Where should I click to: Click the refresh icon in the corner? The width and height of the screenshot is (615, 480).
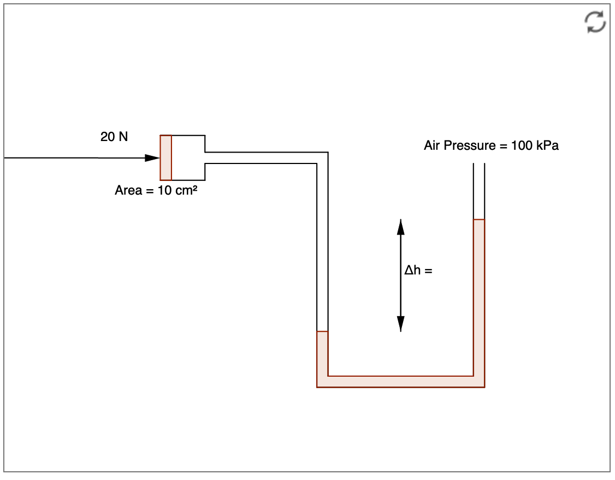tap(595, 22)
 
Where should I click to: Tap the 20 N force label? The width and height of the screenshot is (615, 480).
tap(114, 137)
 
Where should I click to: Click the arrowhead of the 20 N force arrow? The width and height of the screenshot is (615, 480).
tap(152, 158)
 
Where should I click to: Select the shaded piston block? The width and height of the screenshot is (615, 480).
tap(165, 157)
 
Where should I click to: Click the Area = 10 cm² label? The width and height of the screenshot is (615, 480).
tap(156, 190)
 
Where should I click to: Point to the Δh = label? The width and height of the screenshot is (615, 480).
tap(418, 270)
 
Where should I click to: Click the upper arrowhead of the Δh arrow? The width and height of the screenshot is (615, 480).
tap(400, 226)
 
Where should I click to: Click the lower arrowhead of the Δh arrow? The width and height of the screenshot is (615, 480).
tap(400, 324)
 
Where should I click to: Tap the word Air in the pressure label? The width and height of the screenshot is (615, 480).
tap(432, 146)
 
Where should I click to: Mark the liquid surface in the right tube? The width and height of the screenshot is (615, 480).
tap(479, 220)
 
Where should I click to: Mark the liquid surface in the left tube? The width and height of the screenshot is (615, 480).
tap(322, 332)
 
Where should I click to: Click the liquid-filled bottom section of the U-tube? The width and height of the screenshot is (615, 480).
tap(400, 382)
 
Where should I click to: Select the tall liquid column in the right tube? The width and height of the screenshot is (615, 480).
tap(479, 295)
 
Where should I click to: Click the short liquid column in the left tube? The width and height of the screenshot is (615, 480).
tap(322, 353)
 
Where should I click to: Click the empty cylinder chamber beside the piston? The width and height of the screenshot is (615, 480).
tap(188, 157)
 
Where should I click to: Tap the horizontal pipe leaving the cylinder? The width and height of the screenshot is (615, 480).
tap(262, 157)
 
